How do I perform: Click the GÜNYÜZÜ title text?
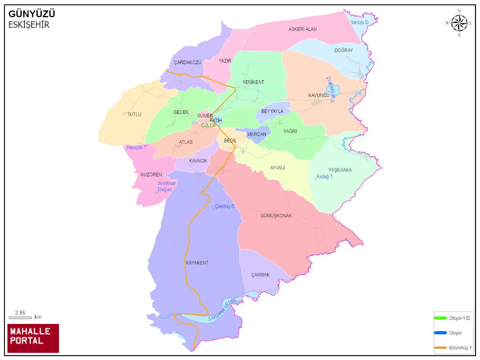coord(32,14)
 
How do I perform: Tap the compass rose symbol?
coord(459,23)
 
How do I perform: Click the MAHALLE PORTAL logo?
coord(33,338)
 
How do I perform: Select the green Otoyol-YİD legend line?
coord(440,318)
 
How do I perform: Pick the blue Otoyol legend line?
coord(440,333)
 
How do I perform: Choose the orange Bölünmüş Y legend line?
coord(440,347)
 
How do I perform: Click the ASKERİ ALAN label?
coord(303,29)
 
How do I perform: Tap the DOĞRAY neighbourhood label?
coord(344,51)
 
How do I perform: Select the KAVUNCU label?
coord(318,95)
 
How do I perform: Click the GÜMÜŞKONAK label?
coord(276,216)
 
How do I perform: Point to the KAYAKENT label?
coord(197,263)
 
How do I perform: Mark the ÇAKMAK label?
coord(260,275)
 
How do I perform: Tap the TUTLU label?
coord(134,115)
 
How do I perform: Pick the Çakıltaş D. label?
coord(225,206)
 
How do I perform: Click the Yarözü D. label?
coord(359,22)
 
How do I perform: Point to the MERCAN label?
coord(257,134)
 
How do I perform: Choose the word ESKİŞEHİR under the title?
coord(29,25)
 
